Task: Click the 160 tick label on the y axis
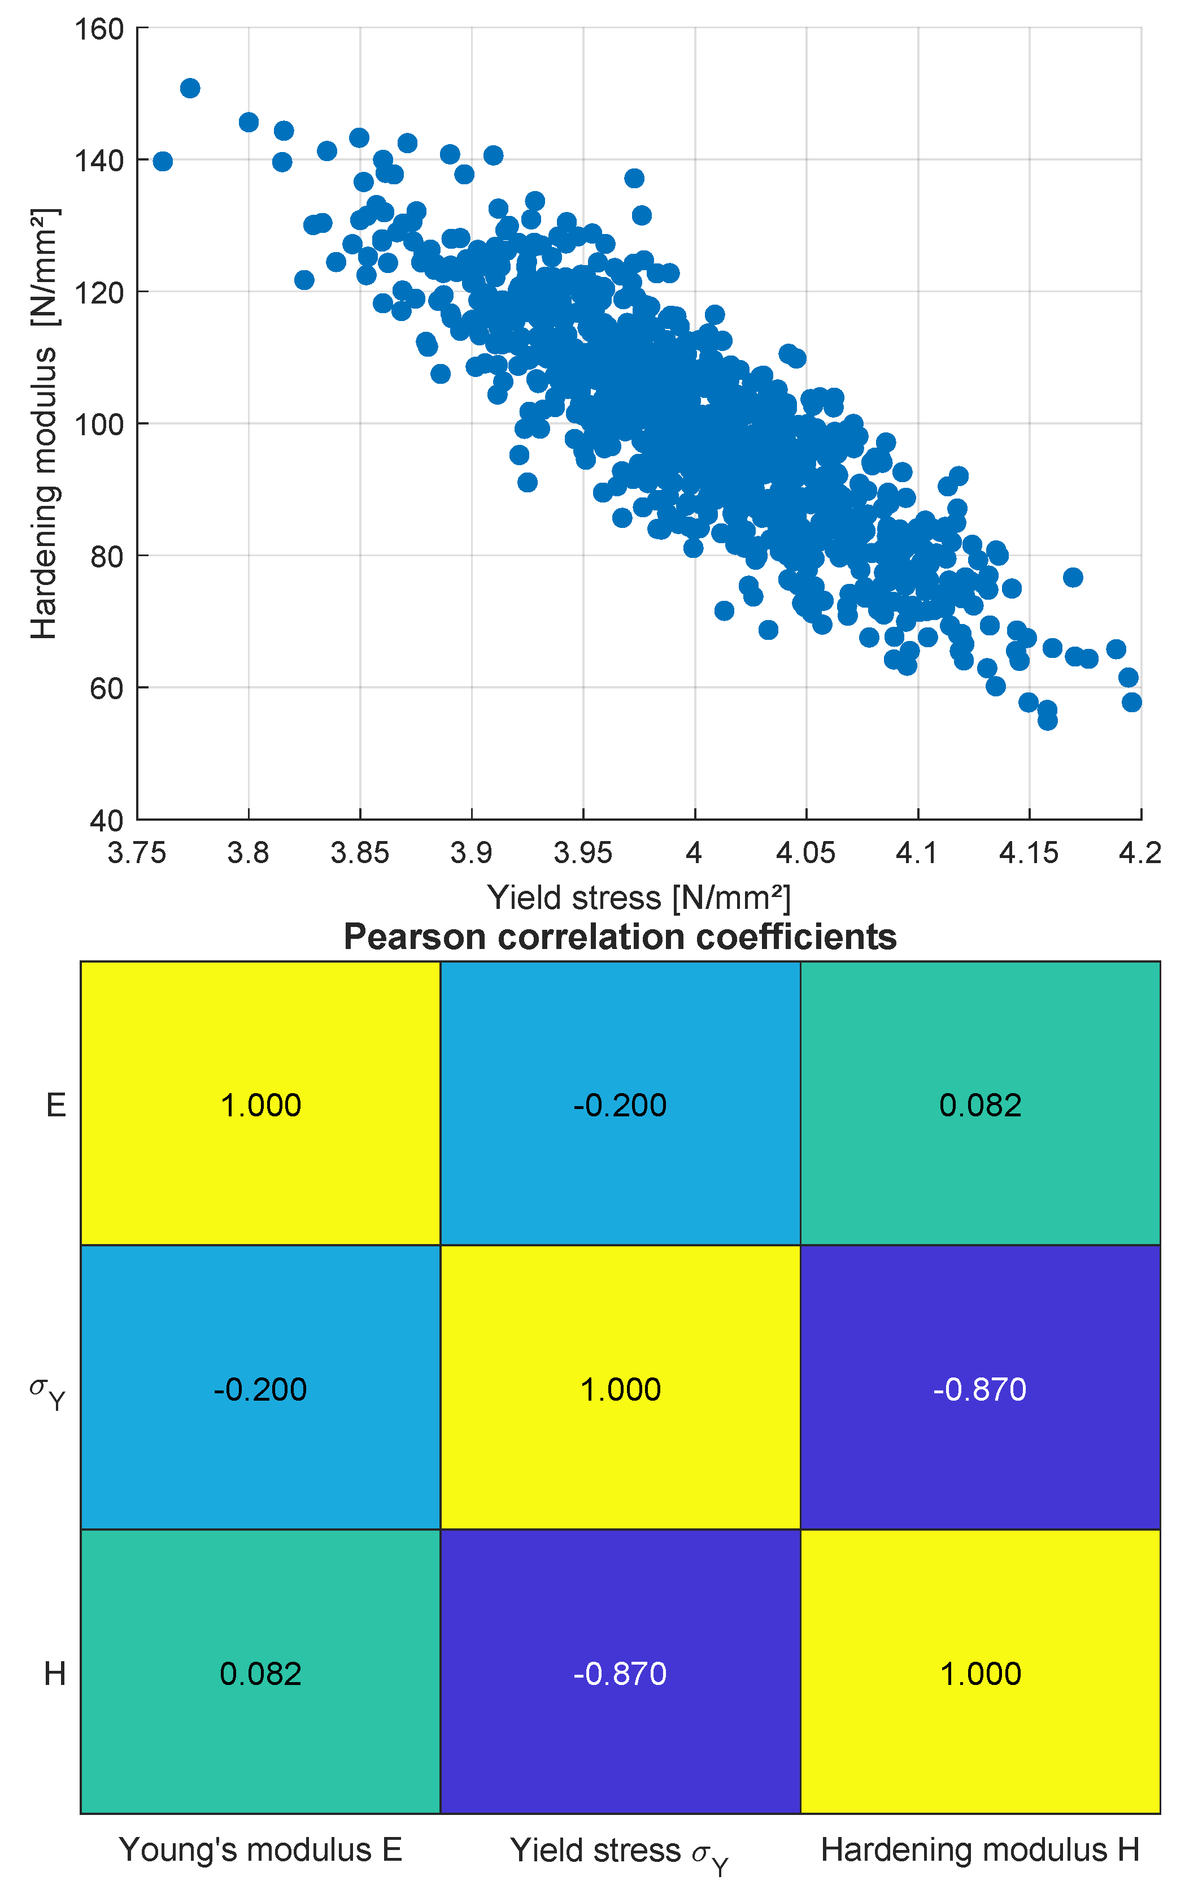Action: coord(99,30)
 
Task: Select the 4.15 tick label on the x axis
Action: coord(1028,852)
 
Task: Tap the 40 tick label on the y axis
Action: coord(107,821)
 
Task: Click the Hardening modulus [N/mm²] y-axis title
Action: coord(44,423)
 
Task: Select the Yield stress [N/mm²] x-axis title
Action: coord(639,898)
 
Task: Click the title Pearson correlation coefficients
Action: coord(620,937)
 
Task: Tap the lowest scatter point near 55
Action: coord(1047,721)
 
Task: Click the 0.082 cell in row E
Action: coord(979,1106)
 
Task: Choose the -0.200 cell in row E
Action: coord(620,1106)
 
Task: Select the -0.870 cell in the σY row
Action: coord(979,1389)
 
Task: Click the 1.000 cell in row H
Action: coord(979,1674)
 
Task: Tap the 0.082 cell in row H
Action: coord(260,1674)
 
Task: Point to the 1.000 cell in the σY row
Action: coord(620,1389)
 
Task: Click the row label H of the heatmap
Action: coord(55,1674)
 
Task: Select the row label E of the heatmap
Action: coord(56,1106)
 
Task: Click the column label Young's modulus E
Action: coord(260,1850)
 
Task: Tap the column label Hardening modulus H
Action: coord(979,1850)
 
